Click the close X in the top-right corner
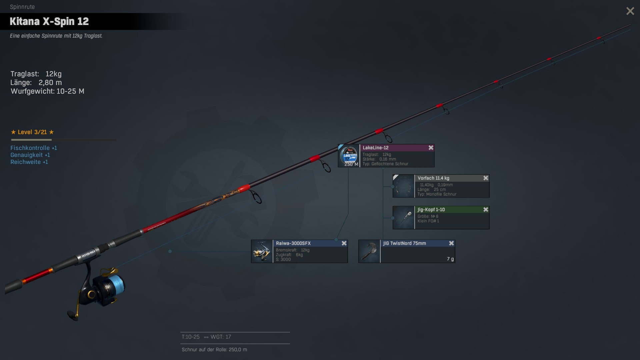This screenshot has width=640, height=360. click(x=630, y=11)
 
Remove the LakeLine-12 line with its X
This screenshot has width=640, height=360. click(x=431, y=148)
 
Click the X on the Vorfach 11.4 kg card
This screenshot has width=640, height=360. click(x=486, y=178)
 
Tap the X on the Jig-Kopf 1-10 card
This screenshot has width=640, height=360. click(x=486, y=210)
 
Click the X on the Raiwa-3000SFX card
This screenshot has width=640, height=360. click(x=344, y=243)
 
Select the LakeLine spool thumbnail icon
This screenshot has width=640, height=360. click(x=349, y=156)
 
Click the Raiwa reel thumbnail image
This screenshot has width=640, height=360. click(x=262, y=251)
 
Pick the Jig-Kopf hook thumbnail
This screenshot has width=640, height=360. click(x=404, y=218)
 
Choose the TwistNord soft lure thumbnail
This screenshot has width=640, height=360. click(x=369, y=251)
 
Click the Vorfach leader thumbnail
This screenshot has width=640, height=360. click(x=404, y=186)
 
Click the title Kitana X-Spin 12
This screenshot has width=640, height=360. click(x=49, y=21)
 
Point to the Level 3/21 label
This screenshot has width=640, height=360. click(x=32, y=132)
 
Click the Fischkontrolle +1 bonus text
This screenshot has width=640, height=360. click(x=34, y=148)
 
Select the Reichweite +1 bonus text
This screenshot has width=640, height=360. click(x=29, y=162)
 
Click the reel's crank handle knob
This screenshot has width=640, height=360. click(x=72, y=315)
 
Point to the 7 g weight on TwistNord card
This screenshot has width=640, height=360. click(x=450, y=259)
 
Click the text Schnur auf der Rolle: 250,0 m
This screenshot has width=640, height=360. click(x=214, y=350)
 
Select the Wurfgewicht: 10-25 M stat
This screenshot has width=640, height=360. click(x=47, y=91)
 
